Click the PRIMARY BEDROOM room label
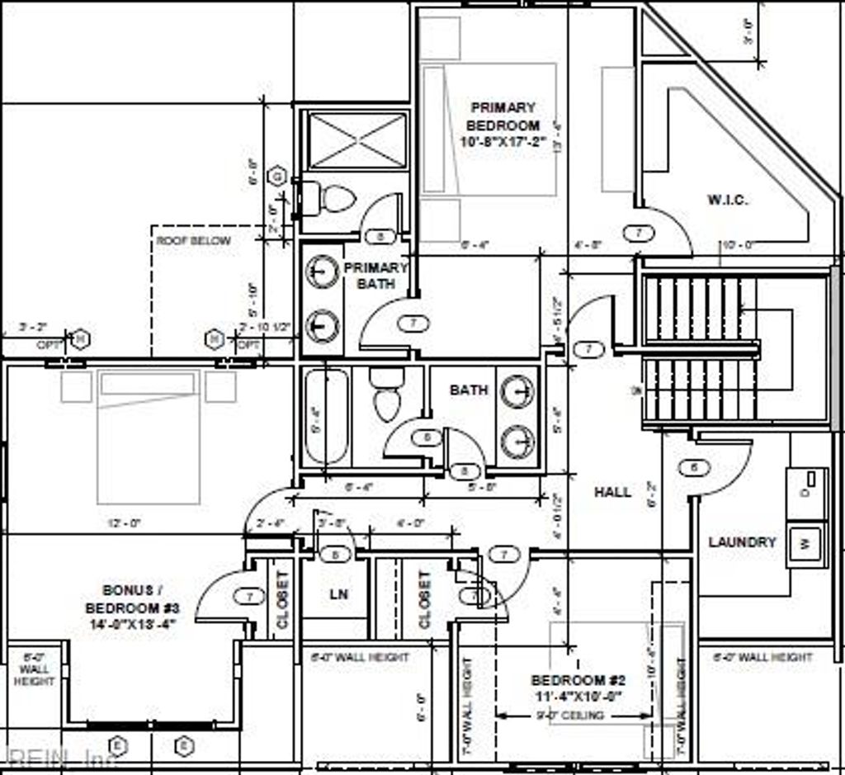(x=503, y=124)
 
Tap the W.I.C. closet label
(x=728, y=200)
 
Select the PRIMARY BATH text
(x=375, y=276)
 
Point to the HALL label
(x=613, y=492)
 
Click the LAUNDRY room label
(x=743, y=542)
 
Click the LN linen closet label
(x=339, y=593)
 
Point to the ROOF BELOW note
(x=194, y=241)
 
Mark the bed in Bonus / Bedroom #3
(x=149, y=436)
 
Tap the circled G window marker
(x=278, y=176)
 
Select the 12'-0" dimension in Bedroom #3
(x=125, y=523)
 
